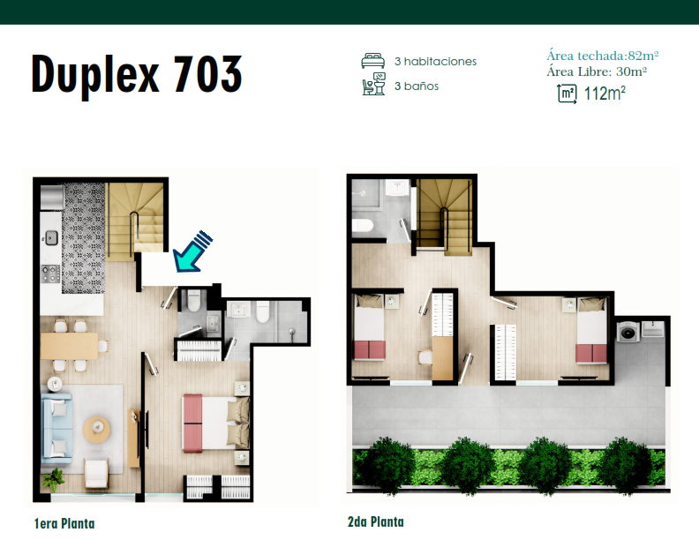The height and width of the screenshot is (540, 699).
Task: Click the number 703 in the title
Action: [207, 74]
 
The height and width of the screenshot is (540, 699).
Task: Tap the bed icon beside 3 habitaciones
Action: [372, 61]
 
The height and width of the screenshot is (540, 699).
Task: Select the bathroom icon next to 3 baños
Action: [373, 84]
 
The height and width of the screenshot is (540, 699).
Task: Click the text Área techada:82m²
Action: [603, 56]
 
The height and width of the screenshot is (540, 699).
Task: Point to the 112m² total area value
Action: [605, 94]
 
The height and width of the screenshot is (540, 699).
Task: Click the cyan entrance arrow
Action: [192, 251]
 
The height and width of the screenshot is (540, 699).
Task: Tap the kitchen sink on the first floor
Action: [51, 237]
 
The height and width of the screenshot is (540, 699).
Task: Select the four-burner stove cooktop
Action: [50, 274]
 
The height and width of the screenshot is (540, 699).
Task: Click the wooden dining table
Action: [69, 346]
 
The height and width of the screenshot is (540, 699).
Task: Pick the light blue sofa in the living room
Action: [56, 428]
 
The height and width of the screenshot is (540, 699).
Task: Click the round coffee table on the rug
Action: [96, 430]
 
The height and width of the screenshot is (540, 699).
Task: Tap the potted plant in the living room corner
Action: [53, 479]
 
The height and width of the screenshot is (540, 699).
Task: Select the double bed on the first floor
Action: [215, 424]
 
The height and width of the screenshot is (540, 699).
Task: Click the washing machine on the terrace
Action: [628, 332]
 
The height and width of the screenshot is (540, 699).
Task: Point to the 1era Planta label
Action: [64, 523]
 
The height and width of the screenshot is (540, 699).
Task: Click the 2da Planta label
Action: [376, 521]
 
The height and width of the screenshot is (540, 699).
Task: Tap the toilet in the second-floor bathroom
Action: [362, 226]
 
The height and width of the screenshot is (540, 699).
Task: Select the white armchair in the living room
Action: [96, 474]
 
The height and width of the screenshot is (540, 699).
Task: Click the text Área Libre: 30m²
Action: [597, 71]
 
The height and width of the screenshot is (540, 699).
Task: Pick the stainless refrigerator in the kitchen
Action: [52, 198]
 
